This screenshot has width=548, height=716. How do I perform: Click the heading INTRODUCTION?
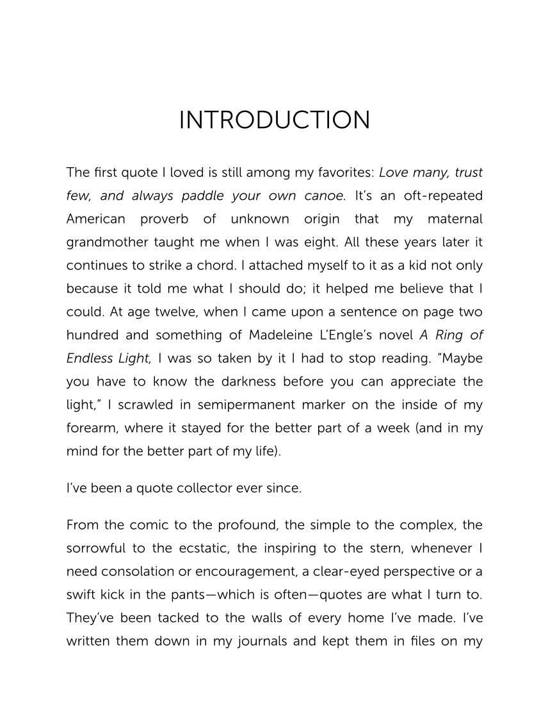pos(274,120)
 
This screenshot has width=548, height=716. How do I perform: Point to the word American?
pos(96,219)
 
